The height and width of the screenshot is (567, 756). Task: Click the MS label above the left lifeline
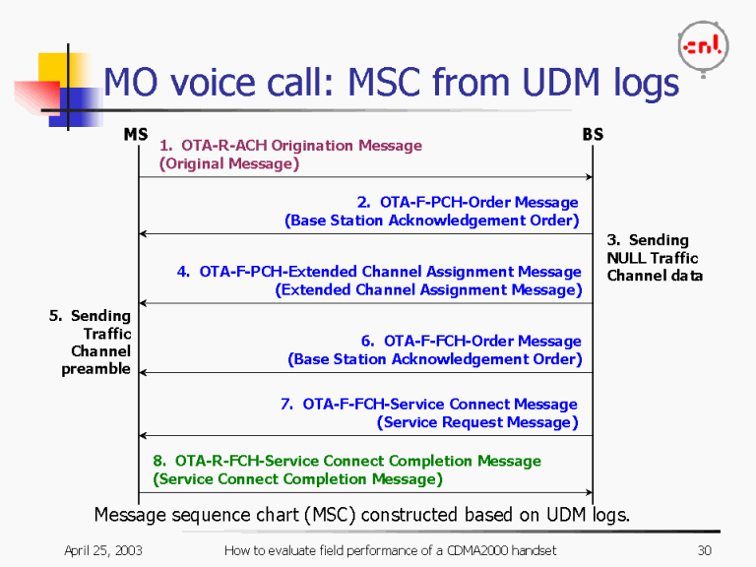point(136,134)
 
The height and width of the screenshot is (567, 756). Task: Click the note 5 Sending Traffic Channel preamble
point(93,342)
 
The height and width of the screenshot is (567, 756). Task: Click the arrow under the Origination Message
point(364,177)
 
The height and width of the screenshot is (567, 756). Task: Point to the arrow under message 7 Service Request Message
point(364,435)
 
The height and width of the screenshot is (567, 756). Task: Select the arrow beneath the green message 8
point(364,492)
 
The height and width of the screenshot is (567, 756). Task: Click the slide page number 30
point(703,550)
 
